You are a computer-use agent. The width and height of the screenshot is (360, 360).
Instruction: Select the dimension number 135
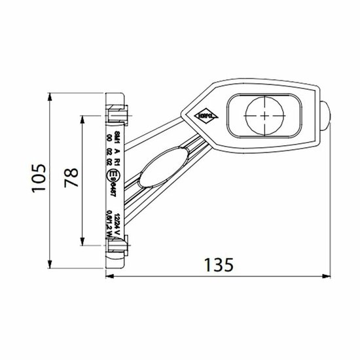tap(217, 265)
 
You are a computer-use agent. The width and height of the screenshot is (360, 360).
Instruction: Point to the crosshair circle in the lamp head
tap(263, 115)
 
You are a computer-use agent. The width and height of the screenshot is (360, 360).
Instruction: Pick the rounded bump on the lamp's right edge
tap(326, 114)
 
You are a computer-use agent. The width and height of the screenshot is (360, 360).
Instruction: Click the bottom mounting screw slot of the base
tap(116, 247)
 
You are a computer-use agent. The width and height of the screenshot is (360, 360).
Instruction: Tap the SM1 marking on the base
tap(117, 135)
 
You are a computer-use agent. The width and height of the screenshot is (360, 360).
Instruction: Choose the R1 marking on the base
tap(117, 158)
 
